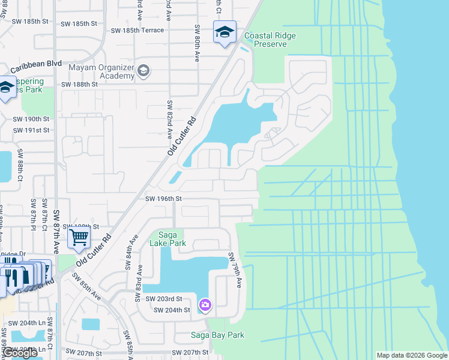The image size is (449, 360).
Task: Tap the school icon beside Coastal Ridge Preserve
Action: (224, 32)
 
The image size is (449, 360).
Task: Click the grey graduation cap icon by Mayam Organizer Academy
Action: (143, 71)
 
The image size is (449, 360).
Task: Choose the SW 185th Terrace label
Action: (137, 30)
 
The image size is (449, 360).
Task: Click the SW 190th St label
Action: (31, 119)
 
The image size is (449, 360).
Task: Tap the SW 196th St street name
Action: (163, 199)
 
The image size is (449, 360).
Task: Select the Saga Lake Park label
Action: (172, 239)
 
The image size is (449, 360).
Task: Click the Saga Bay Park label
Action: (217, 335)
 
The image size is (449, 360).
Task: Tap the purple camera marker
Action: (205, 305)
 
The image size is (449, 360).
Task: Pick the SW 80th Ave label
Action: (197, 43)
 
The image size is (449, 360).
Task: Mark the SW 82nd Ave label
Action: (170, 119)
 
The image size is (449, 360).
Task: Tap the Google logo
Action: (20, 353)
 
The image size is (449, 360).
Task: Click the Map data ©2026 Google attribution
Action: (411, 355)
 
